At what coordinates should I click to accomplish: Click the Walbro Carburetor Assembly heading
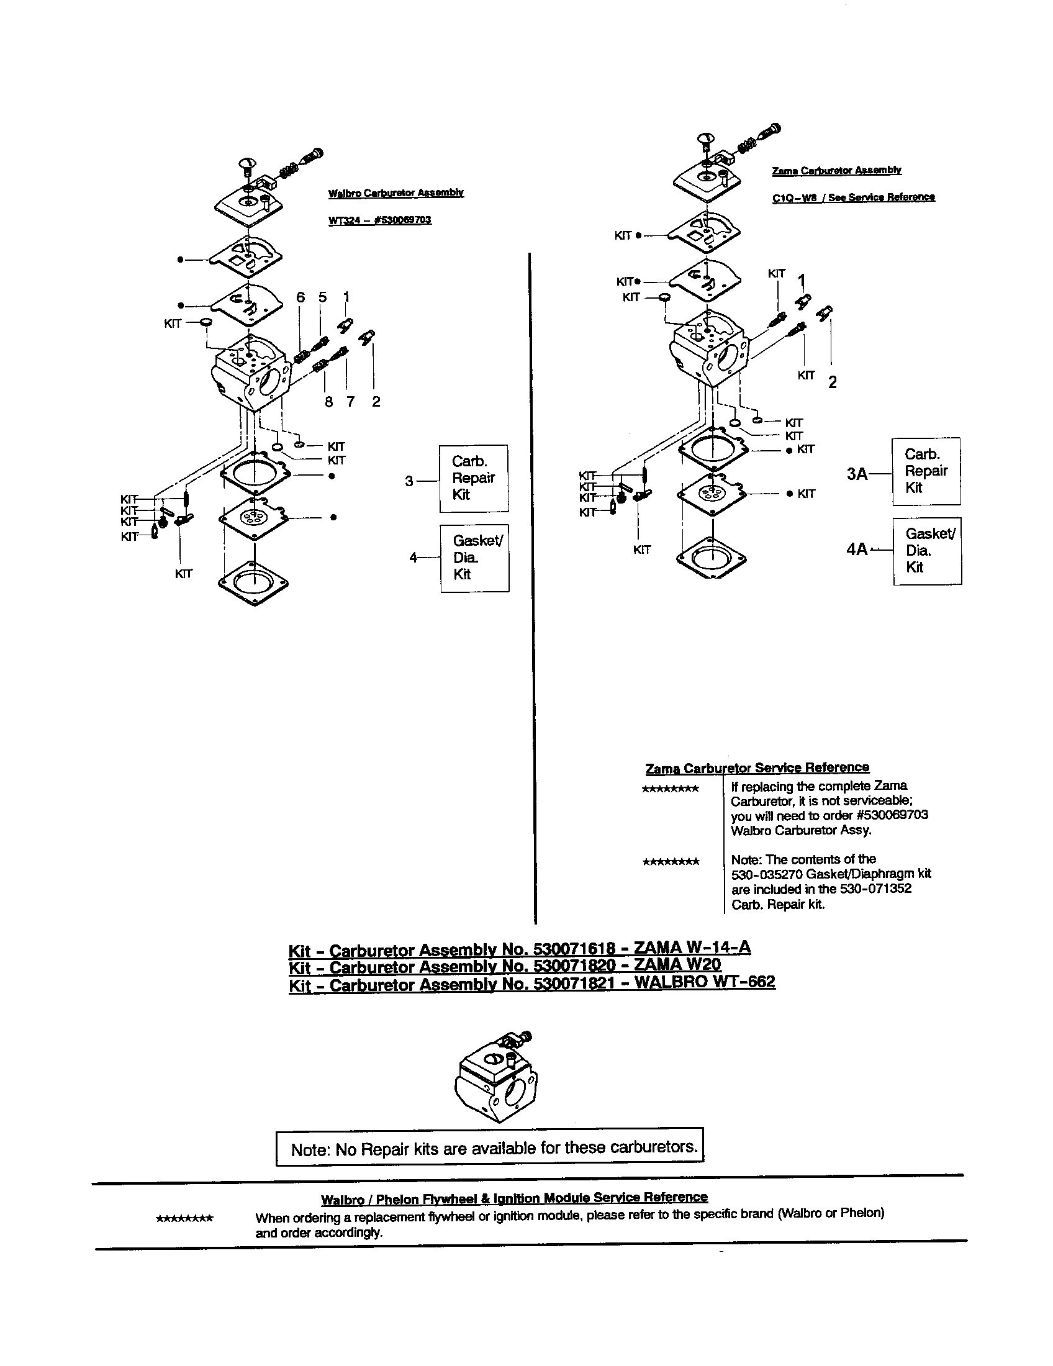[x=396, y=192]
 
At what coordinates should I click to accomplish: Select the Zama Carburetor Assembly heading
[x=837, y=170]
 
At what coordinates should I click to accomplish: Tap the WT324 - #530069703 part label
[x=379, y=220]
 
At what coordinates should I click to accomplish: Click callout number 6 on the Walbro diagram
[x=301, y=297]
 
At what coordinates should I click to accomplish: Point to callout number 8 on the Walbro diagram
[x=329, y=402]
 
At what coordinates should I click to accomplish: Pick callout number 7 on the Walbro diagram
[x=350, y=402]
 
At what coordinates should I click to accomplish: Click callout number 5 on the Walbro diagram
[x=323, y=297]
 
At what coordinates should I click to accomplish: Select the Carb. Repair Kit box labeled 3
[x=473, y=479]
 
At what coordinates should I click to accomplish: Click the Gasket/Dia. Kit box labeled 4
[x=474, y=558]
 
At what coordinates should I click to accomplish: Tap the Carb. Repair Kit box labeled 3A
[x=926, y=471]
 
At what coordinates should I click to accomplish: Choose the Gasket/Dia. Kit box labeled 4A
[x=928, y=550]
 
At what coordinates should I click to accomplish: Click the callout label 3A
[x=857, y=474]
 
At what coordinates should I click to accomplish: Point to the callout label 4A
[x=857, y=549]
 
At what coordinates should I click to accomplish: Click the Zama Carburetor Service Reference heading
[x=757, y=767]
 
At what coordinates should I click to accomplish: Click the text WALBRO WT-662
[x=705, y=982]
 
